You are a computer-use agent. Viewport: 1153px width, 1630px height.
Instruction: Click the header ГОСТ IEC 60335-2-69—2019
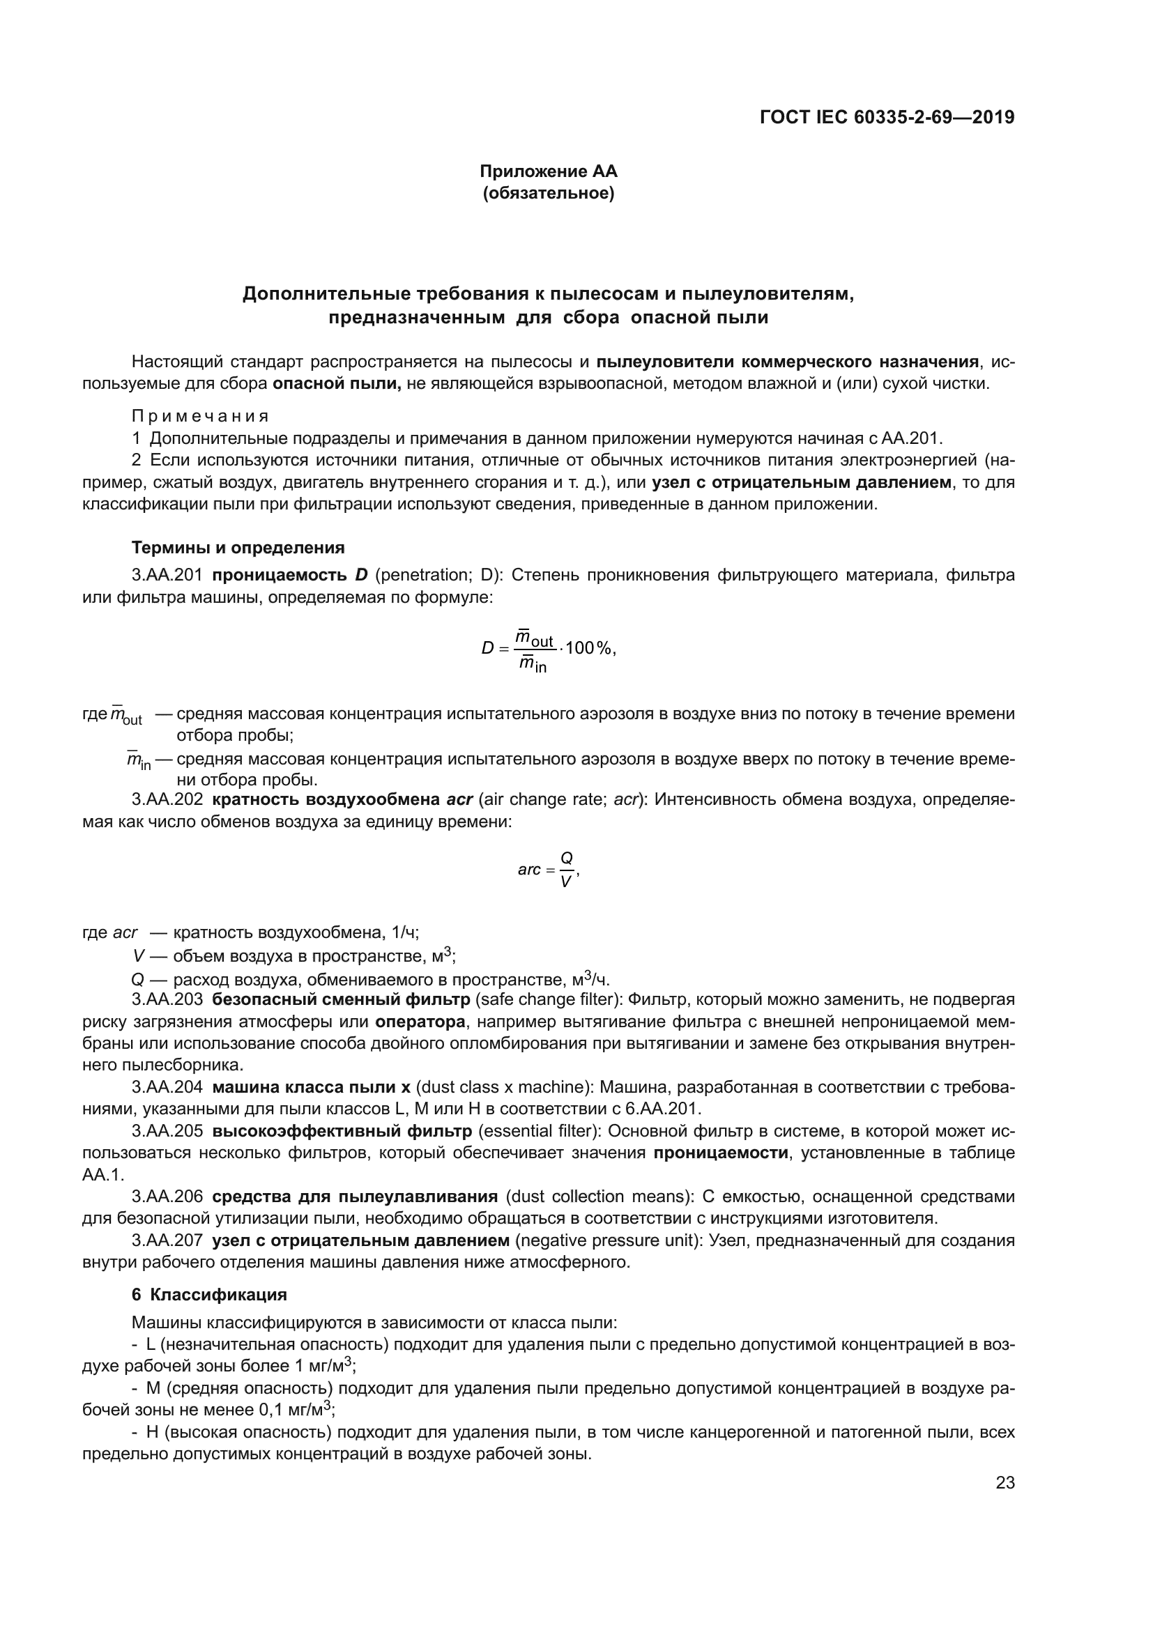887,117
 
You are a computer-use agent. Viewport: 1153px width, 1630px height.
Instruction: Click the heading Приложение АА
548,171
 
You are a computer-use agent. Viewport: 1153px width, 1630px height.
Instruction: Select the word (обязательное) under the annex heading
548,193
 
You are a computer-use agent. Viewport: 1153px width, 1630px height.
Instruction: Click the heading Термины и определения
238,547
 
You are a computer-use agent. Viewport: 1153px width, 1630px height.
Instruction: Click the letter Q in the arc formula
566,858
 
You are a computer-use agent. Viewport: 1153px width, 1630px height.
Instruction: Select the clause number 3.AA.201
167,574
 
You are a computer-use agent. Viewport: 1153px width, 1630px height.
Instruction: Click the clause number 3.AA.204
167,1087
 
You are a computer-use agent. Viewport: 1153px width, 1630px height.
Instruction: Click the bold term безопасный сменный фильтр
341,999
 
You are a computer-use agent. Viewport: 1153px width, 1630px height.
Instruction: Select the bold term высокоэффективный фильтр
342,1130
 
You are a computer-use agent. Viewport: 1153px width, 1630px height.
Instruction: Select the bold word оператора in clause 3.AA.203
420,1022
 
